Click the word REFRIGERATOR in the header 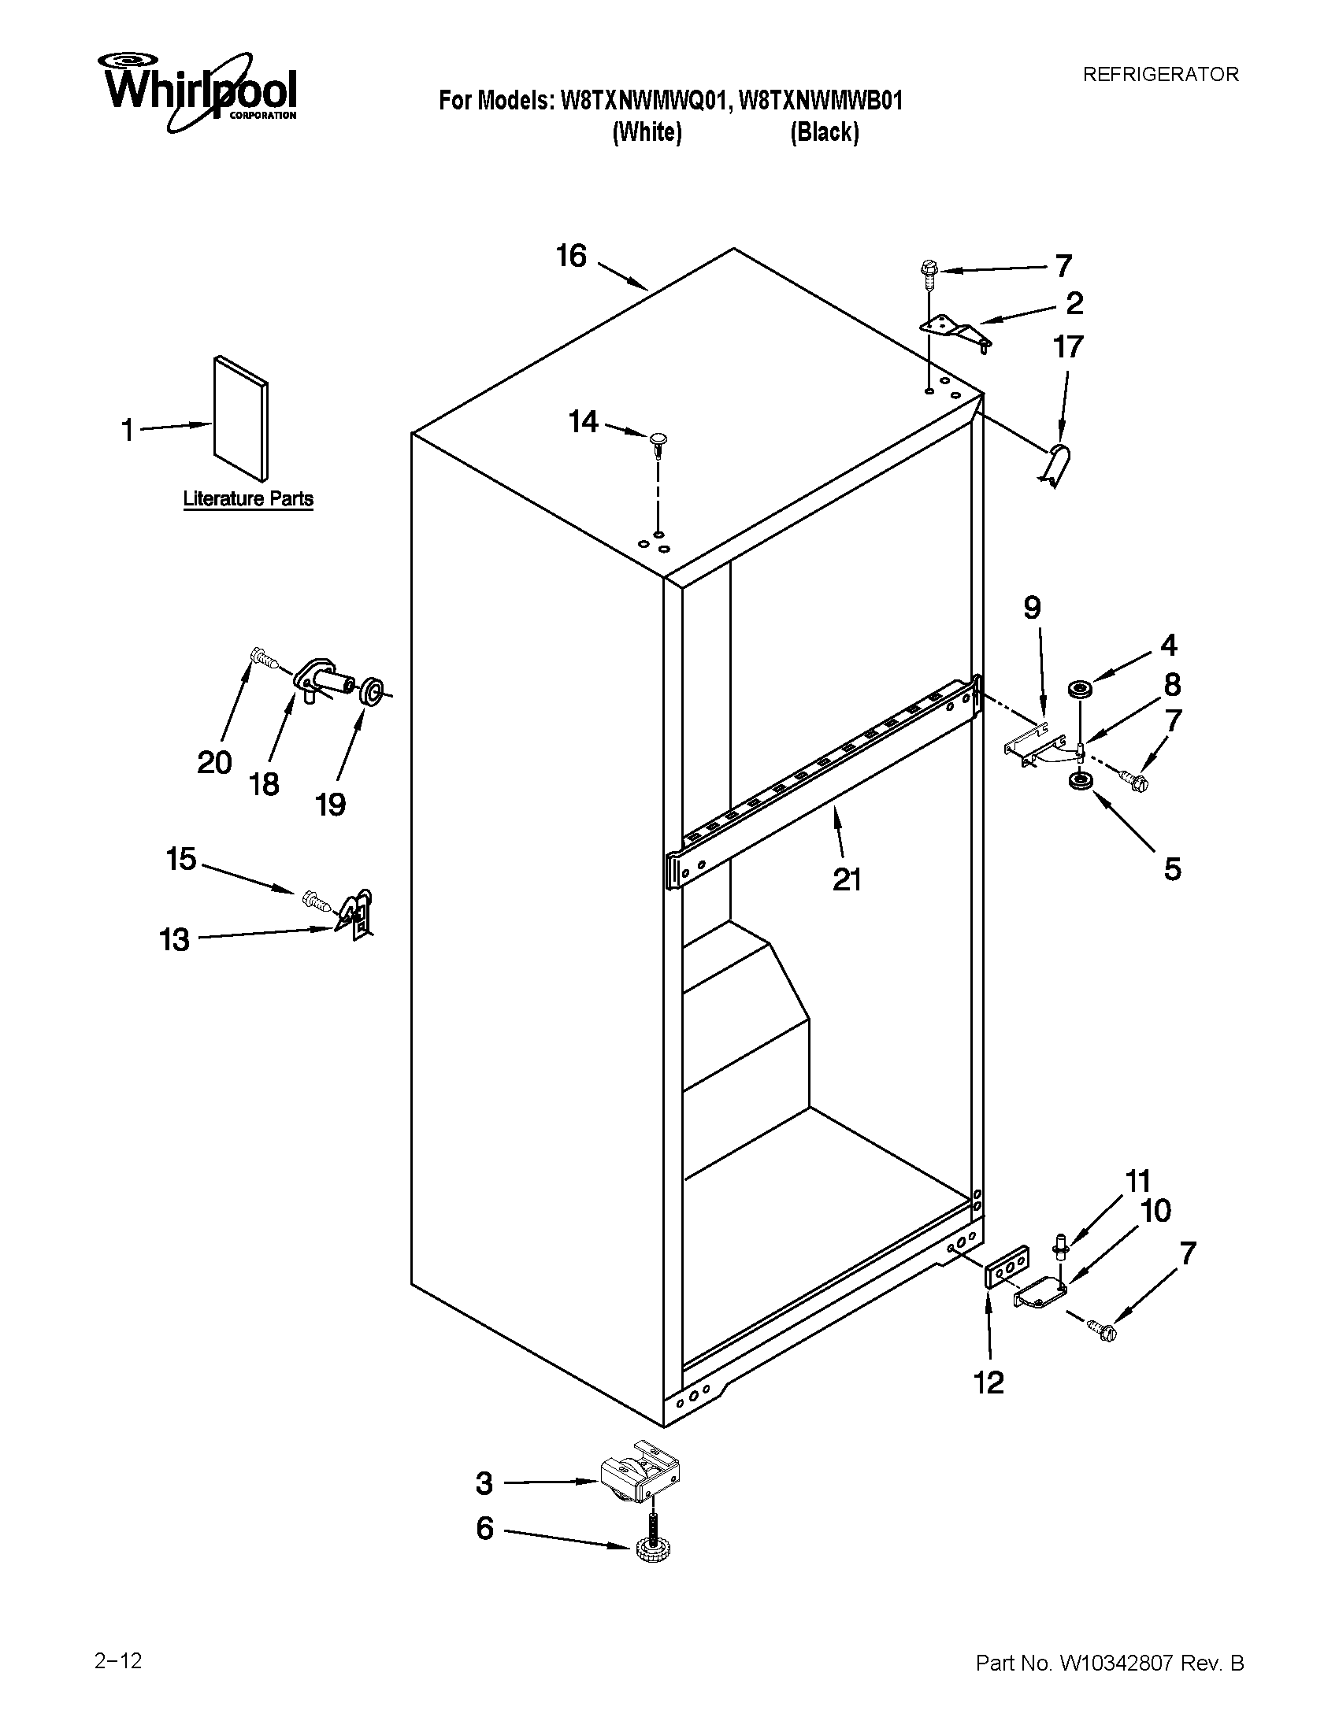click(x=1160, y=75)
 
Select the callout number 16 click(x=571, y=256)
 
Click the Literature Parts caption click(x=248, y=499)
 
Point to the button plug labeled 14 click(x=658, y=440)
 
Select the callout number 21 click(x=847, y=879)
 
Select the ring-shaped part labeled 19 click(x=370, y=690)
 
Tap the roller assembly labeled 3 click(x=640, y=1480)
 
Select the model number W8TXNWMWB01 click(x=820, y=102)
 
